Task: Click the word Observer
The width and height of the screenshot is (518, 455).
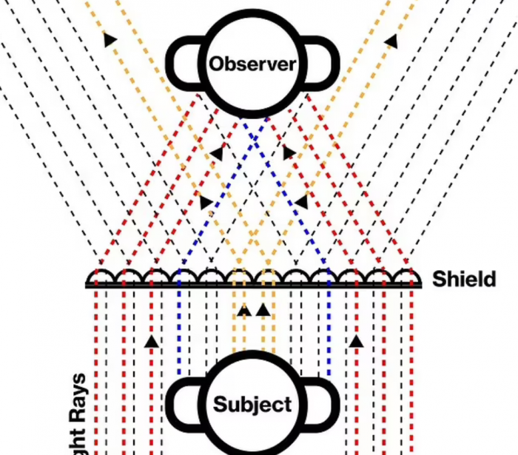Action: coord(252,64)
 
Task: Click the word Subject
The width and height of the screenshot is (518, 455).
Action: coord(252,405)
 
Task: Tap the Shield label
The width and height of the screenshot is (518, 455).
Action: coord(464,280)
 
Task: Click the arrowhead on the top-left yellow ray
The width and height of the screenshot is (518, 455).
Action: coord(110,40)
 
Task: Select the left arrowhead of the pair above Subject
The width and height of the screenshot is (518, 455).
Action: coord(243,310)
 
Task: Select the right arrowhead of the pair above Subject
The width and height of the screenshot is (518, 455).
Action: coord(262,310)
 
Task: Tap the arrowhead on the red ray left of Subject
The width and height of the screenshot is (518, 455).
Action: coord(151,341)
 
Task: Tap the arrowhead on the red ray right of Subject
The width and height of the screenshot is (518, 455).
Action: coord(356,341)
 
